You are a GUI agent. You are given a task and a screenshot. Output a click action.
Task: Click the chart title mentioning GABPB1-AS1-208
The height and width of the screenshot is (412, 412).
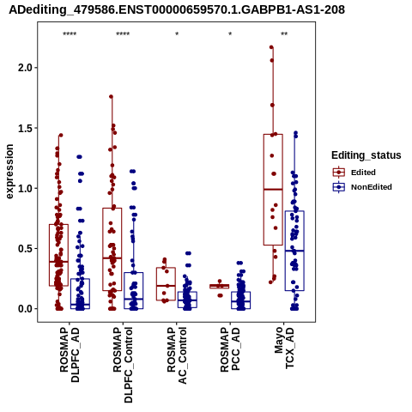click(177, 9)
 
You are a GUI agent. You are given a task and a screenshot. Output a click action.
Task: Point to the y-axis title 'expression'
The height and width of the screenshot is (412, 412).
click(9, 172)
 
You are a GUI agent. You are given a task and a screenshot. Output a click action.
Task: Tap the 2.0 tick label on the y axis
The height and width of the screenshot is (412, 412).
click(24, 68)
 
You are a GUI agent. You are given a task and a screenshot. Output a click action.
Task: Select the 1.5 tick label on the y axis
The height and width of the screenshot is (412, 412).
click(24, 128)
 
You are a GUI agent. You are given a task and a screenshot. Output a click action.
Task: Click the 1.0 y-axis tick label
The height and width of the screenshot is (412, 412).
click(24, 188)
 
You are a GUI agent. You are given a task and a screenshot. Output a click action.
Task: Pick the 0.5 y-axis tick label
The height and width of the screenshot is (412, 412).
click(24, 249)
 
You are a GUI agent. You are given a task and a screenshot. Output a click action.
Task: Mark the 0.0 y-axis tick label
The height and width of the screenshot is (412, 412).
click(24, 309)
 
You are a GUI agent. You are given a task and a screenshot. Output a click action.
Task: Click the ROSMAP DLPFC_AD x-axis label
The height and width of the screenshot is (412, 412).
click(70, 354)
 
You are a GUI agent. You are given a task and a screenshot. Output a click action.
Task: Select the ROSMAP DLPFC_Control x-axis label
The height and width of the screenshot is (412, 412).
click(123, 365)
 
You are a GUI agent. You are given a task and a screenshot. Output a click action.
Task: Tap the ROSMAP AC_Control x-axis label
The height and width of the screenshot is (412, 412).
click(177, 355)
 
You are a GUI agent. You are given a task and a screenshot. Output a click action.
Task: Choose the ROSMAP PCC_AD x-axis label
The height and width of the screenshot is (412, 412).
click(230, 349)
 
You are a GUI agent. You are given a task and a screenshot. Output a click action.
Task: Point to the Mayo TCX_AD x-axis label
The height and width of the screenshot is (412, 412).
click(284, 348)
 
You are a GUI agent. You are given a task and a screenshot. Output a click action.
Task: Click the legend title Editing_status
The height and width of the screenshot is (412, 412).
click(367, 155)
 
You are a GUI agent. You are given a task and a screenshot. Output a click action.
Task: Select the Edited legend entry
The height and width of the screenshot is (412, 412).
click(354, 173)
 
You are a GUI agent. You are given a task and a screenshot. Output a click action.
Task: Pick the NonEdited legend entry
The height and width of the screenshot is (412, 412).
click(362, 187)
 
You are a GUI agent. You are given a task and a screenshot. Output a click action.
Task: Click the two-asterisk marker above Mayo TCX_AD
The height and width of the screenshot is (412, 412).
click(284, 34)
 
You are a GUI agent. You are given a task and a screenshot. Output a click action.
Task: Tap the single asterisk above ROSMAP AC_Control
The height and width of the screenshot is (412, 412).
click(177, 34)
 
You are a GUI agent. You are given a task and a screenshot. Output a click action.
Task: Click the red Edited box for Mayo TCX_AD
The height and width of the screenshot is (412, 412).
click(273, 190)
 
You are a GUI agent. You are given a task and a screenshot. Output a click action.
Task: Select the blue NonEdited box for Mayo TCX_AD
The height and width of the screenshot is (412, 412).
click(294, 251)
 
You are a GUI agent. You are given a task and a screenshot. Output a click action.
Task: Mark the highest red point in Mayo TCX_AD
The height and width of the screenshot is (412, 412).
click(271, 47)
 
